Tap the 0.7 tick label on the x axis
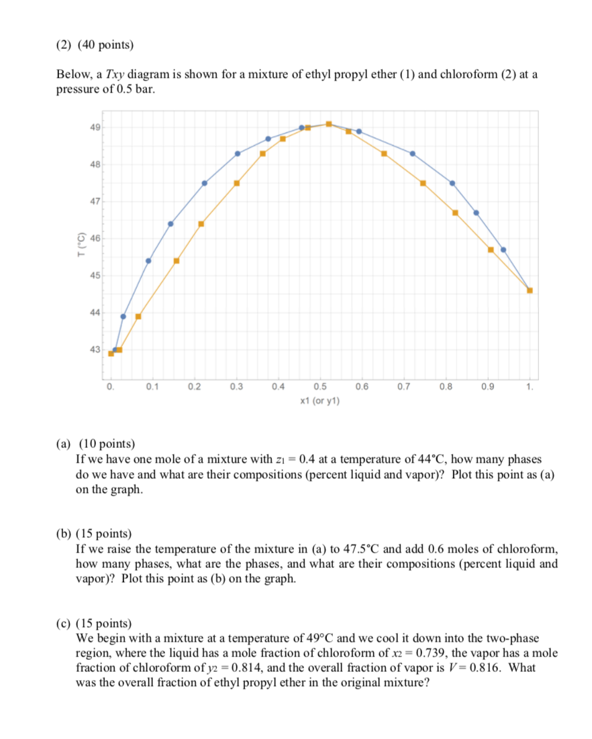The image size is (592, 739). pyautogui.click(x=403, y=387)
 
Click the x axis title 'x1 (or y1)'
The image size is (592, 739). pyautogui.click(x=319, y=401)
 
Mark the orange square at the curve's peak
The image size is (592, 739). pyautogui.click(x=328, y=124)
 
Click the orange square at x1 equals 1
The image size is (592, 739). pyautogui.click(x=530, y=290)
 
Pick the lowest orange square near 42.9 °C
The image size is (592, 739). pyautogui.click(x=111, y=353)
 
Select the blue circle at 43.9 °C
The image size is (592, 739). pyautogui.click(x=123, y=317)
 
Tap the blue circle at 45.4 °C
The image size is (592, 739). pyautogui.click(x=148, y=261)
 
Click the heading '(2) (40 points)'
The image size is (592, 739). pyautogui.click(x=95, y=46)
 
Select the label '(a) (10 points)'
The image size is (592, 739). pyautogui.click(x=95, y=445)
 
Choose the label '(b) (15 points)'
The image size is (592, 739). pyautogui.click(x=95, y=534)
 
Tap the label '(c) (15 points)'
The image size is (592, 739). pyautogui.click(x=95, y=623)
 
